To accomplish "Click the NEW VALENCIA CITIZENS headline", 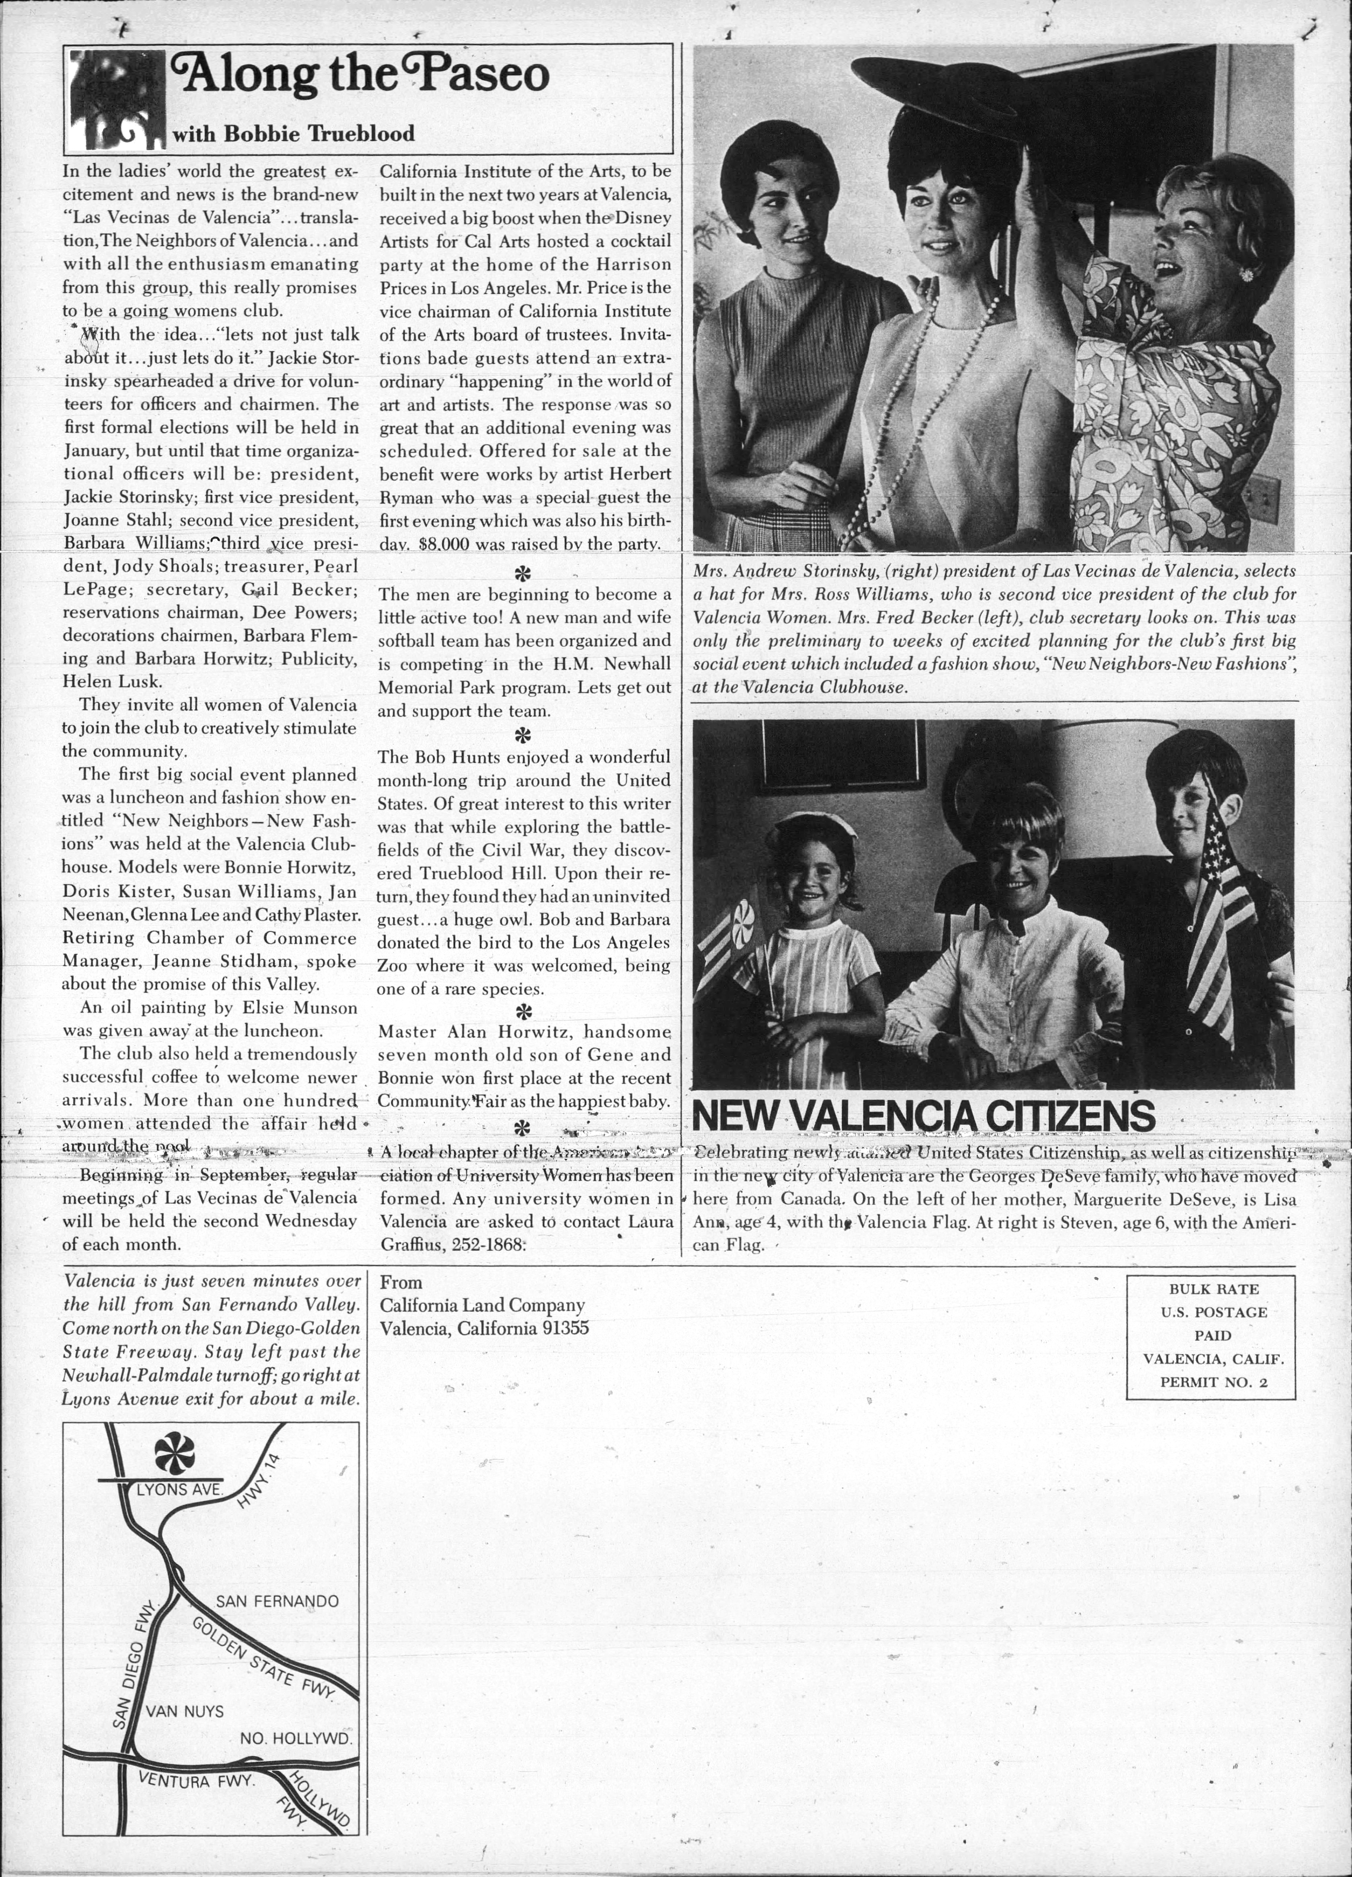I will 923,1116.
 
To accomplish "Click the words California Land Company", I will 482,1306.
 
